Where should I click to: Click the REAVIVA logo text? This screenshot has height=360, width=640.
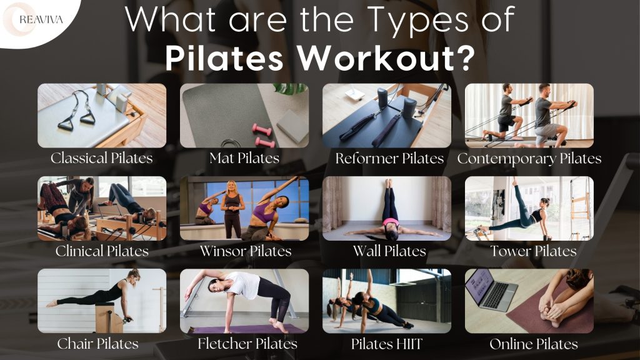point(37,19)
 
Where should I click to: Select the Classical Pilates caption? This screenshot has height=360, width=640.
point(102,158)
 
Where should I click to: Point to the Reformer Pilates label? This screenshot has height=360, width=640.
point(389,158)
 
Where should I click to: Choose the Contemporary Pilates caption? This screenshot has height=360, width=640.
point(529,158)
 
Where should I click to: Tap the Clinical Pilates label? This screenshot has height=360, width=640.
point(102,251)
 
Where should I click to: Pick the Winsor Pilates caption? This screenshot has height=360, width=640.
point(246,251)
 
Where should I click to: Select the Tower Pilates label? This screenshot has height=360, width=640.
point(533,251)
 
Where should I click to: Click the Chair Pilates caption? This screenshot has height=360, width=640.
point(98,344)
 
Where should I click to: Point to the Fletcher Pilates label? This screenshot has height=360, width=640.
point(247,344)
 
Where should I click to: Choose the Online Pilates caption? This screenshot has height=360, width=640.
point(534,344)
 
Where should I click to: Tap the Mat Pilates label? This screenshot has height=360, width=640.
point(244,158)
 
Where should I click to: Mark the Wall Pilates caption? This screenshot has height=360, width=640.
point(389,251)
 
